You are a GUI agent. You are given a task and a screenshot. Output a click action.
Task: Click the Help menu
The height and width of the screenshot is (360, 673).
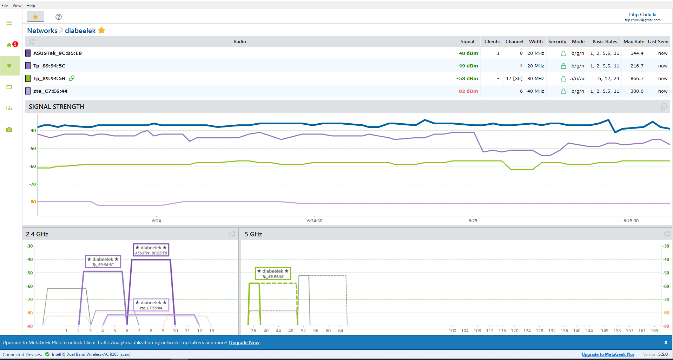(x=31, y=6)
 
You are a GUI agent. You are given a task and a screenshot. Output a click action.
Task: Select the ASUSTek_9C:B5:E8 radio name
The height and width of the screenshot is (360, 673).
(x=58, y=53)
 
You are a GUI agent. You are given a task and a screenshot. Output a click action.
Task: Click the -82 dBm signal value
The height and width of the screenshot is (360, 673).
(x=467, y=91)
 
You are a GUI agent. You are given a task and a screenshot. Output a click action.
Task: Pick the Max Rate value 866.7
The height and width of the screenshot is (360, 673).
(x=637, y=78)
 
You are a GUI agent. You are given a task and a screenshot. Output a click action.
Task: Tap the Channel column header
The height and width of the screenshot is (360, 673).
(x=514, y=41)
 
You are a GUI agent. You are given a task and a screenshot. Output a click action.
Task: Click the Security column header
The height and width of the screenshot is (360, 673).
(x=557, y=41)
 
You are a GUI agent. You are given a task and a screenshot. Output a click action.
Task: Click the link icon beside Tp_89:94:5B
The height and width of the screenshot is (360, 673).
(x=72, y=78)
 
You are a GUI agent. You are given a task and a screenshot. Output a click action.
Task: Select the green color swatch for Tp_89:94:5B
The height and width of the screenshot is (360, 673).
(x=28, y=78)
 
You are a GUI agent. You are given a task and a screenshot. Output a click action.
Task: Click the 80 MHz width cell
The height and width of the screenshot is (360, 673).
(x=536, y=78)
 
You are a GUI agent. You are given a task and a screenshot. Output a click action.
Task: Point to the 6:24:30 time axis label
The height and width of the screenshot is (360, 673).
(x=315, y=221)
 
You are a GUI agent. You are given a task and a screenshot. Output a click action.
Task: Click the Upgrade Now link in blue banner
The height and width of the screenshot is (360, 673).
(x=244, y=342)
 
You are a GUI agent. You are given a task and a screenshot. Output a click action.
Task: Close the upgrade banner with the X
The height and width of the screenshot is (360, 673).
(x=666, y=342)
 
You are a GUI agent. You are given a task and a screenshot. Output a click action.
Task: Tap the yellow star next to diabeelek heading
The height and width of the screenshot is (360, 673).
(x=102, y=30)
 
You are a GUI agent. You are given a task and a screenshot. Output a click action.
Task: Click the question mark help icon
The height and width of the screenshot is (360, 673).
(x=59, y=17)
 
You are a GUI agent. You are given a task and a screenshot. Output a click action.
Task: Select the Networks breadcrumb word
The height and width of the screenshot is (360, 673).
(x=42, y=31)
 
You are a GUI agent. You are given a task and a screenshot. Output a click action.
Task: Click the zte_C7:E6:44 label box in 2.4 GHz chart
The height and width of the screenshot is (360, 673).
(x=151, y=305)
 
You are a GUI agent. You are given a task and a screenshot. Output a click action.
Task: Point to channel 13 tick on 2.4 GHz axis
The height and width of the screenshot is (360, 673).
(x=212, y=330)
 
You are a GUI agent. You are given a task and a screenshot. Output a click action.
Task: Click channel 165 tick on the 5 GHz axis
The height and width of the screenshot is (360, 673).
(x=654, y=330)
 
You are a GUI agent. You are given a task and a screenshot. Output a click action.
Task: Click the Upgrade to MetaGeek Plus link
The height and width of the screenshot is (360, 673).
(x=608, y=354)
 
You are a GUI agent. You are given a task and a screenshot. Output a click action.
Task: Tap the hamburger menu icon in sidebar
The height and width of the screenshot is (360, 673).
(x=9, y=23)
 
